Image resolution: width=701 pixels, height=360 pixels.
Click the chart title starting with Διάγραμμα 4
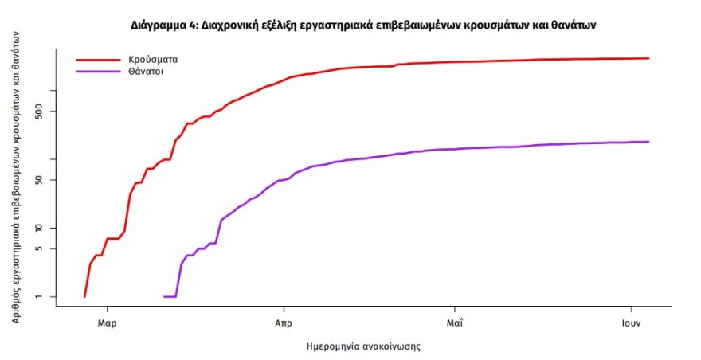[363, 25]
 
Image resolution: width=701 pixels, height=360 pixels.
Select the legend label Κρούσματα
[153, 59]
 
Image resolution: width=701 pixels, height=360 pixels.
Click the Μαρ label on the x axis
[108, 323]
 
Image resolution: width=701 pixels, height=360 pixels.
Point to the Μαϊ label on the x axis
[454, 323]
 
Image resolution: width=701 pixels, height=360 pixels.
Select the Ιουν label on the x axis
[632, 323]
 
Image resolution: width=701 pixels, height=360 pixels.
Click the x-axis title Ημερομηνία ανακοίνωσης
[363, 347]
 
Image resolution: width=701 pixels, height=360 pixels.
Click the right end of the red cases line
[648, 58]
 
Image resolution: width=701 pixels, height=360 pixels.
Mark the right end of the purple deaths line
[648, 142]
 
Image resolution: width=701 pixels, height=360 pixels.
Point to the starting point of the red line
[84, 296]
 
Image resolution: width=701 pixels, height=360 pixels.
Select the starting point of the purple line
[165, 296]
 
